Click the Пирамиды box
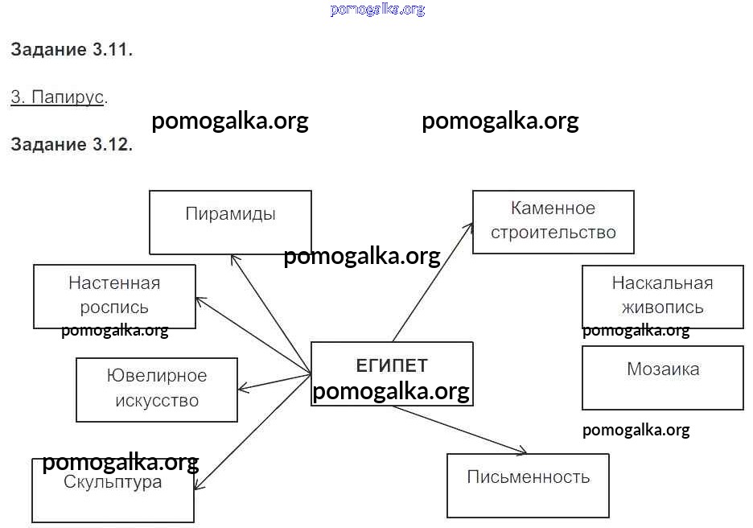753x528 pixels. coord(230,222)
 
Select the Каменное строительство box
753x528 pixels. coord(553,221)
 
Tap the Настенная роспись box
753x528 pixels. coord(114,295)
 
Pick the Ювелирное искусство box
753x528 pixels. coord(157,389)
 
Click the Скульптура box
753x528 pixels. coord(113,490)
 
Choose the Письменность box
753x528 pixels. coord(528,485)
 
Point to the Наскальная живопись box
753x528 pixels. coord(662,295)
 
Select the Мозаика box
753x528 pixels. coord(662,377)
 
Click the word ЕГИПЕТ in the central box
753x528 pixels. coord(392,365)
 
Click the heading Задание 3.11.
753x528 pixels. coord(72,50)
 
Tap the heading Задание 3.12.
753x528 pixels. coord(72,145)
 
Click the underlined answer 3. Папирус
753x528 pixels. coord(57,97)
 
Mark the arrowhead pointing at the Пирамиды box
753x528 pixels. coord(234,258)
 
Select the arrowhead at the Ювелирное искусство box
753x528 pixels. coord(242,389)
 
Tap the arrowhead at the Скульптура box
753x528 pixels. coord(198,485)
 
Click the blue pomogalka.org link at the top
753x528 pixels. coord(377,10)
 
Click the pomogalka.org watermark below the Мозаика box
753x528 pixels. coord(636,430)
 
